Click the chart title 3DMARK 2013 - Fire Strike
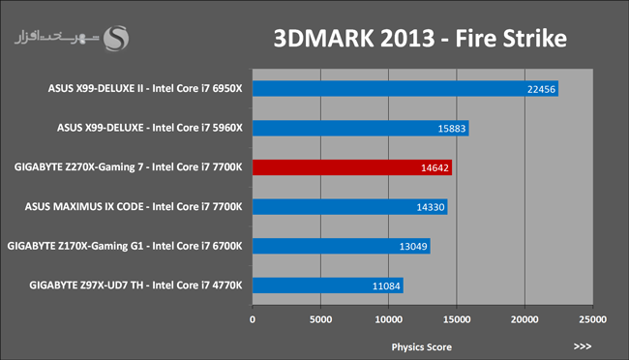coord(420,39)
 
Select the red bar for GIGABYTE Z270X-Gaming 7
coord(352,167)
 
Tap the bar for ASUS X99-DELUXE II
coord(405,89)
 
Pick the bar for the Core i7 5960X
coord(361,128)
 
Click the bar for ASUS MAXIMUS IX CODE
coord(349,207)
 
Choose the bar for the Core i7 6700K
coord(342,246)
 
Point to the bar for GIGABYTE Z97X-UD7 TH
coord(328,285)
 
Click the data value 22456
coord(541,89)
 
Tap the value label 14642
coord(434,167)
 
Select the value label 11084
coord(386,286)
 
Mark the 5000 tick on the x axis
coord(320,319)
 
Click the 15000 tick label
coord(457,319)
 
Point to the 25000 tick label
coord(592,319)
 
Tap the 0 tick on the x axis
coord(253,319)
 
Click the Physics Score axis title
coord(421,347)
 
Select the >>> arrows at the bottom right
coord(582,346)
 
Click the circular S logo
coord(116,38)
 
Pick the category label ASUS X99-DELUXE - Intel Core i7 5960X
coord(150,128)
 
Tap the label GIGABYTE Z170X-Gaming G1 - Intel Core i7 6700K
coord(125,246)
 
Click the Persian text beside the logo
coord(56,38)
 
